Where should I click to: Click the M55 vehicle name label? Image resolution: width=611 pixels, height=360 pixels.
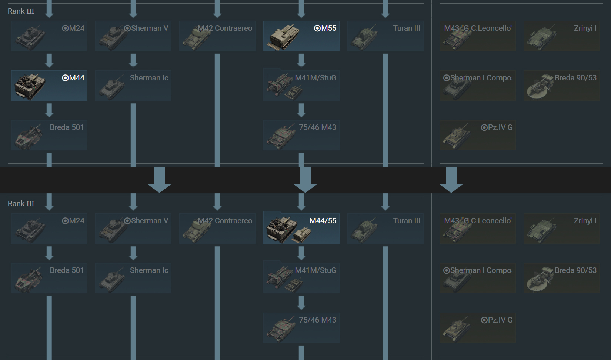(x=329, y=28)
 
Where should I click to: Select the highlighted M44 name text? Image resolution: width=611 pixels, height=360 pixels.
(x=77, y=78)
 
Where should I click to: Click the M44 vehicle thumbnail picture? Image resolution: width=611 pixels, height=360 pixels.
(x=30, y=86)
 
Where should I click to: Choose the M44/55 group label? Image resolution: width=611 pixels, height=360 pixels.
(x=323, y=221)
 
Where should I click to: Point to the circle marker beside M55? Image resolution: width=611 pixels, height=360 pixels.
(x=317, y=28)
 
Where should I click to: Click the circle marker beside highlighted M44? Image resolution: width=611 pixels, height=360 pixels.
(x=65, y=78)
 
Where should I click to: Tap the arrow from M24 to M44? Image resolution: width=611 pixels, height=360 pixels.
(x=49, y=60)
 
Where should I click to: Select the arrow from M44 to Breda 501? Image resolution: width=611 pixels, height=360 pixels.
(x=49, y=110)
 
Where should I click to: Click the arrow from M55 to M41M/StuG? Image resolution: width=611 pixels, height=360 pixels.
(x=301, y=60)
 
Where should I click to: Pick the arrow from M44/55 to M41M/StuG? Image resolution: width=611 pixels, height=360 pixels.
(x=301, y=253)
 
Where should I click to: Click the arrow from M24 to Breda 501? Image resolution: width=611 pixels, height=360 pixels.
(x=49, y=253)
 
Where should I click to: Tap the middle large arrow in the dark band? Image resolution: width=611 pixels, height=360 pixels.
(x=305, y=180)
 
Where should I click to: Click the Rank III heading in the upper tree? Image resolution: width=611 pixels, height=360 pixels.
(x=21, y=11)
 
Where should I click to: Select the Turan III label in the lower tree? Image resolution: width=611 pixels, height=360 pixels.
(x=407, y=221)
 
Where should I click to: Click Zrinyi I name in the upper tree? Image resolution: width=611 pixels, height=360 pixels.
(x=585, y=28)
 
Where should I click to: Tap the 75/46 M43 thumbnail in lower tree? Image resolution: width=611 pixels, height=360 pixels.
(x=281, y=329)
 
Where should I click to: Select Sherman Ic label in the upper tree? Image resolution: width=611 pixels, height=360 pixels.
(x=149, y=78)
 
